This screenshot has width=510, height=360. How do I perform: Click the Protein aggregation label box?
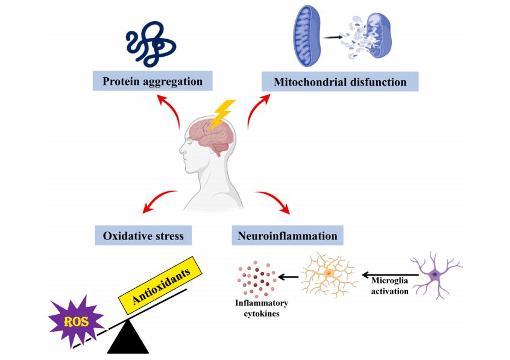coord(152,81)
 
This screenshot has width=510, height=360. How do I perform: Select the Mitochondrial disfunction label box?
coord(339,81)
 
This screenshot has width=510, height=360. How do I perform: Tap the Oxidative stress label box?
coord(143,235)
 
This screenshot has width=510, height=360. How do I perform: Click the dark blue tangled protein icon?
coord(150,44)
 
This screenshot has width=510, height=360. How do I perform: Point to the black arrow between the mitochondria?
coord(333,37)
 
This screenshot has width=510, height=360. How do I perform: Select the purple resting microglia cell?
coord(435,275)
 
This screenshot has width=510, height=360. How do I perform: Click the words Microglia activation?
coord(390,286)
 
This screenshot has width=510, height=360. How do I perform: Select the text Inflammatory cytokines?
coord(261,308)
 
